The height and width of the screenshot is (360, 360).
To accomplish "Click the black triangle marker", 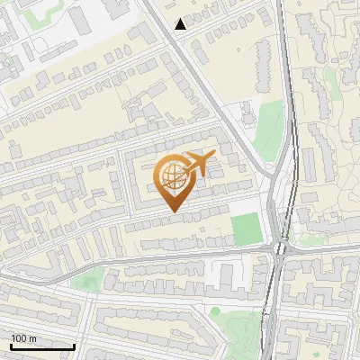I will click(x=181, y=24).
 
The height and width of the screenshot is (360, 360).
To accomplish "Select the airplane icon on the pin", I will click(x=199, y=163).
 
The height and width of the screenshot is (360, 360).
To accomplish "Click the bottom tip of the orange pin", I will click(x=173, y=211).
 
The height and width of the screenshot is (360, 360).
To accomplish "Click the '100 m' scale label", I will click(x=24, y=338).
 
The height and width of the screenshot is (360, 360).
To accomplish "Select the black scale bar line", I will click(x=42, y=346).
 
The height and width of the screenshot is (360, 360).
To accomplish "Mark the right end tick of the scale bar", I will click(x=74, y=345).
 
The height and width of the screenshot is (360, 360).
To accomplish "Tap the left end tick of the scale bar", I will click(x=11, y=345).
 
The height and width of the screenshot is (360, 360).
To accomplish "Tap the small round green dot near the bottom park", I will click(x=215, y=311).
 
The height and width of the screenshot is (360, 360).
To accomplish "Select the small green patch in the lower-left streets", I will click(x=84, y=281).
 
